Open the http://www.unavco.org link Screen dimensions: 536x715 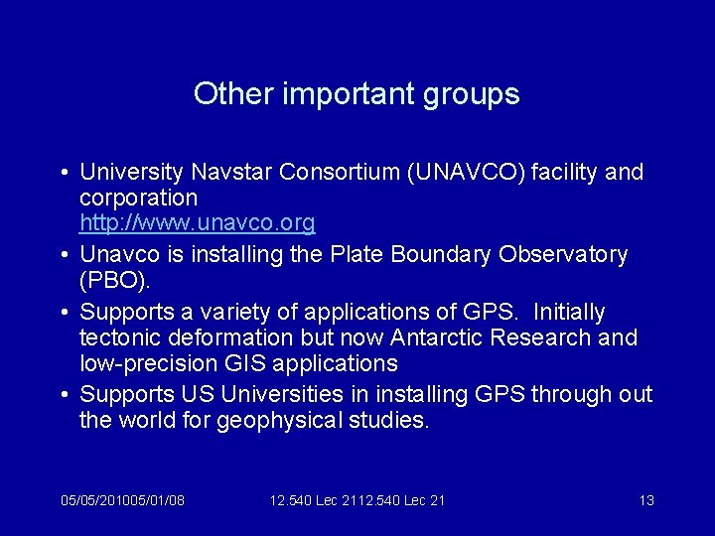coord(197,222)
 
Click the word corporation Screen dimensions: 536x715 coord(138,198)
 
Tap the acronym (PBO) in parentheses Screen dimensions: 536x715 coord(112,281)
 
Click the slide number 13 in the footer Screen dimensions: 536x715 coord(645,500)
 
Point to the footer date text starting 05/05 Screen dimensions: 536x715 coord(122,500)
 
